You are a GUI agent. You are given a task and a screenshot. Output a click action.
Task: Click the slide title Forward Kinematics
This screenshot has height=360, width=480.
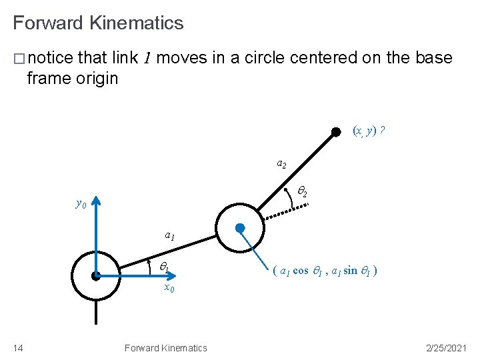tap(98, 23)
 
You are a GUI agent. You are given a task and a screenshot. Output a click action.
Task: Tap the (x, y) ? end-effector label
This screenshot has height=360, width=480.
tap(369, 131)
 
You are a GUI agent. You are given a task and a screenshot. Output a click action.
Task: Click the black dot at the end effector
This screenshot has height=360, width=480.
tap(337, 132)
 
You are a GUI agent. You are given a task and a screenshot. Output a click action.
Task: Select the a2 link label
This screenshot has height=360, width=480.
tap(281, 163)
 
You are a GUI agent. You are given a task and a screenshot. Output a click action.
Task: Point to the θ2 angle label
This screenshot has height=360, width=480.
tap(301, 193)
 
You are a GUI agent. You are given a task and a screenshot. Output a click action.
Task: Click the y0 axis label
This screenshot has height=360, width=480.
tap(81, 203)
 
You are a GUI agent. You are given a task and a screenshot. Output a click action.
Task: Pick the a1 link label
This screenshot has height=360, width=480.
tap(170, 235)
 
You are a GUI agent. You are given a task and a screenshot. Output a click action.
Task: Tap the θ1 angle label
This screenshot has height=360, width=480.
tap(164, 267)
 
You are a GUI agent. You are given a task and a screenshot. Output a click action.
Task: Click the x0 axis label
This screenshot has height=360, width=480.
tap(169, 289)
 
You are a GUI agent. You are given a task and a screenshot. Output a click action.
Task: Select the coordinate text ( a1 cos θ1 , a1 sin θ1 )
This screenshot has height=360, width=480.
tap(325, 271)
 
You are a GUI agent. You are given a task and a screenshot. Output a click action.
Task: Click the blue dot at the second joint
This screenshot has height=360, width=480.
tap(241, 227)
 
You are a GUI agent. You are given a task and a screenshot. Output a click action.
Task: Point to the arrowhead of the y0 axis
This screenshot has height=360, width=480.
tap(96, 200)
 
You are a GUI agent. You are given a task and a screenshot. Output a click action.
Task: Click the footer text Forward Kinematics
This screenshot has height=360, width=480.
tap(165, 347)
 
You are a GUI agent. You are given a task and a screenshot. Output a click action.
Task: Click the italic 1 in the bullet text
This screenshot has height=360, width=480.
tap(148, 59)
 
